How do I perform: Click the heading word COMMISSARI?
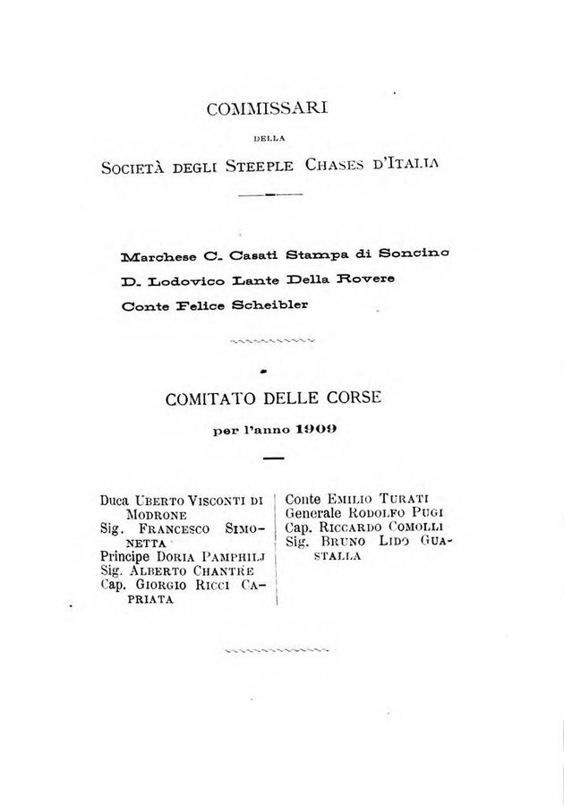(268, 109)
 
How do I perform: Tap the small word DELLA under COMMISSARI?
(268, 139)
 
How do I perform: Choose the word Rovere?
(365, 279)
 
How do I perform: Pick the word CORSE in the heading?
(356, 399)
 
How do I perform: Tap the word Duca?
(115, 502)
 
